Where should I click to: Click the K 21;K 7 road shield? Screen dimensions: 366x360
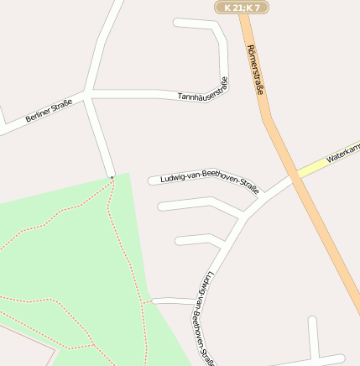pyautogui.click(x=242, y=7)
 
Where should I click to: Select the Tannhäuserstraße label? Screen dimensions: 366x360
pyautogui.click(x=203, y=90)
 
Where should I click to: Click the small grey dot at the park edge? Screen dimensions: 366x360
pyautogui.click(x=112, y=177)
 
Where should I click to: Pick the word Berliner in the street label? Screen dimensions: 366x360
pyautogui.click(x=39, y=116)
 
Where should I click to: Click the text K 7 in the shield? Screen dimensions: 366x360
pyautogui.click(x=254, y=7)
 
